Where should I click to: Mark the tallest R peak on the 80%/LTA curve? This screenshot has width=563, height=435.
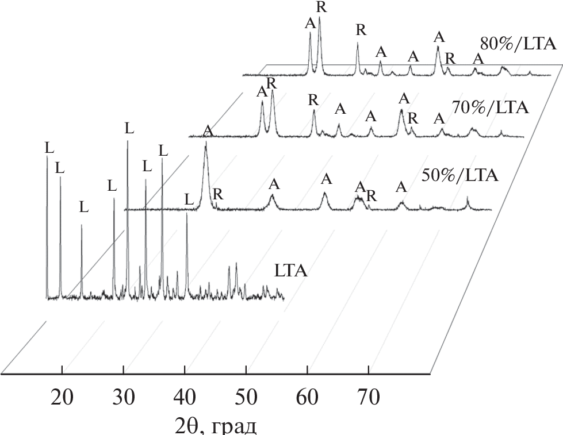[319, 20]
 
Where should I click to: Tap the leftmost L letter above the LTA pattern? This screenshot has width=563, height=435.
[49, 148]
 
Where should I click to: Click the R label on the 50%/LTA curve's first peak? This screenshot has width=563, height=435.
[217, 194]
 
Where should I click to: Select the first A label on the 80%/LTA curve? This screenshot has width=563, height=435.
[310, 24]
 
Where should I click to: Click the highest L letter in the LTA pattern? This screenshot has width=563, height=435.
[129, 128]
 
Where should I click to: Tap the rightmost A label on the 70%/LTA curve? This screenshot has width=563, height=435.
[439, 118]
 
